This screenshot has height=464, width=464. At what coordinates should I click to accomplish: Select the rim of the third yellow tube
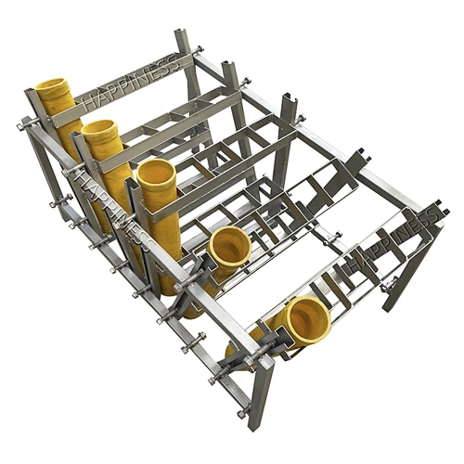point(157,174)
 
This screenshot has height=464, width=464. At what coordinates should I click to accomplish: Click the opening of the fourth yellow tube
point(229,246)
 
